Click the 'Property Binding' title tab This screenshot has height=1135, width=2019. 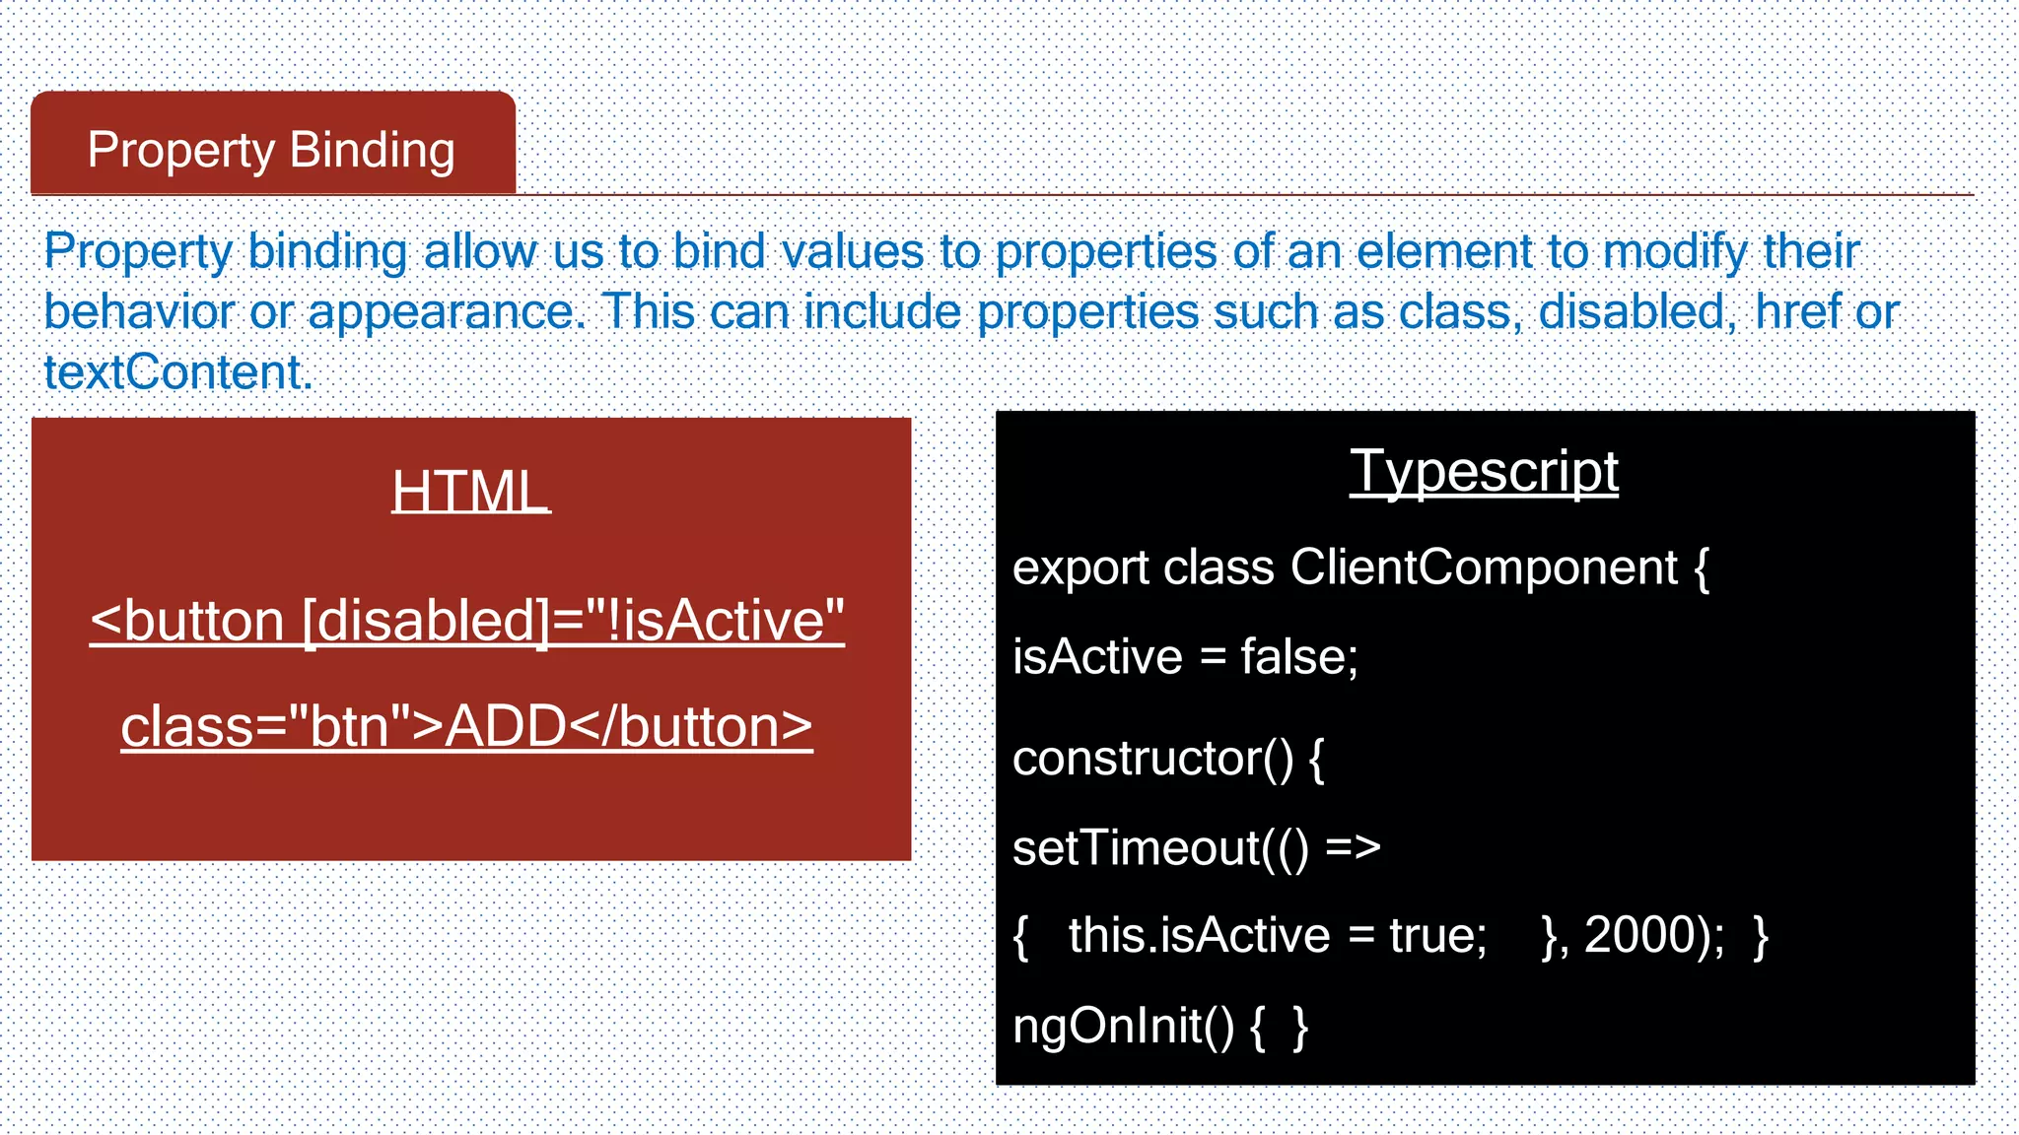point(271,150)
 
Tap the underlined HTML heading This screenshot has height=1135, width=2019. point(470,491)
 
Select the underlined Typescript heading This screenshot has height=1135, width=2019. point(1483,471)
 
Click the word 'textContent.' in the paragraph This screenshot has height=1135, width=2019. point(177,372)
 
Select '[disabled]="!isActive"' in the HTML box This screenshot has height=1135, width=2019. point(573,621)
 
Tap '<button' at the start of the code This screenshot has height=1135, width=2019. point(187,621)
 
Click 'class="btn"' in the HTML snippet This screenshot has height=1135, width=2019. point(266,727)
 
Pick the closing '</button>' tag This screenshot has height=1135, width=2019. point(690,727)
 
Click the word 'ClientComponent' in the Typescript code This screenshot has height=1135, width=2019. point(1483,567)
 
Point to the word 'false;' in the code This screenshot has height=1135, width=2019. point(1298,657)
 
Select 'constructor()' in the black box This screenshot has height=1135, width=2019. point(1152,759)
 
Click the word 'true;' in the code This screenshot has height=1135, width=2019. point(1437,935)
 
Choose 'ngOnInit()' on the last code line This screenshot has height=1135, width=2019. point(1123,1027)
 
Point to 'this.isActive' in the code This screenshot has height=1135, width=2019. point(1199,935)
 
